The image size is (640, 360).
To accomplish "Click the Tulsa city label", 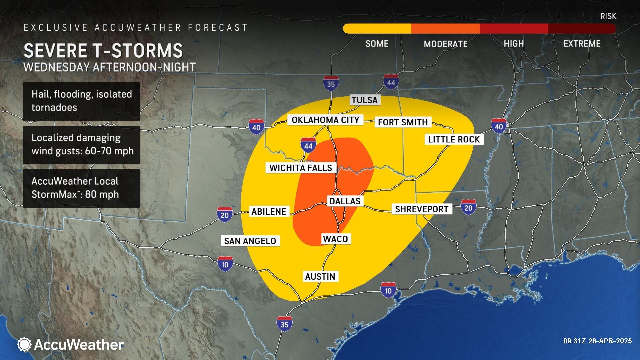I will point(364,100).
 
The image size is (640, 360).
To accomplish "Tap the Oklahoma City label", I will point(325,120).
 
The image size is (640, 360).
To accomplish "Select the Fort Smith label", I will point(403,122).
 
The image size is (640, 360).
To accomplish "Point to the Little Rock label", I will point(454,139).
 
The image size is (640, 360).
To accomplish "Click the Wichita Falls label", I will point(301,168).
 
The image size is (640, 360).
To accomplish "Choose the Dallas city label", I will point(345,201).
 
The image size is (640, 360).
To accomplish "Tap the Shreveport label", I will point(421,209).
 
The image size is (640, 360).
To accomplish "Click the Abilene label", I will point(269,211).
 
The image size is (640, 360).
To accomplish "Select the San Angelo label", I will point(250,241).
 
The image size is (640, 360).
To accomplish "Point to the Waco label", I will point(335,239).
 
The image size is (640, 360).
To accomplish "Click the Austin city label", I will point(320,276).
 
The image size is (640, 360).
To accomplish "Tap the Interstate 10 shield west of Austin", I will point(225,264).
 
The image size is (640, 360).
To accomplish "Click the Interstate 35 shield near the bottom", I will point(284,324).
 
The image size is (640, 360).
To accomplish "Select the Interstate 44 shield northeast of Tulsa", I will point(391,82).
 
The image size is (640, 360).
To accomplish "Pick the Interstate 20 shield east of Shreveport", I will point(468,207).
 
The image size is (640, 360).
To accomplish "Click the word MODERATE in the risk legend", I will point(445,44).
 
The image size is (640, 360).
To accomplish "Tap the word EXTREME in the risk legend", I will point(582,44).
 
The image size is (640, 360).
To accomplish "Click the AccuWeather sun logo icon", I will point(24,344).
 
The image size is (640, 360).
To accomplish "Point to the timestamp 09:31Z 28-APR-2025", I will point(597,341).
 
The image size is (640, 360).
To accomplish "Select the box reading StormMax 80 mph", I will point(81,188).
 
